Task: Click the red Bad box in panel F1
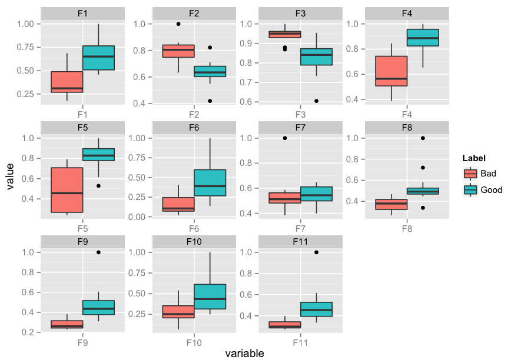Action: pos(67,82)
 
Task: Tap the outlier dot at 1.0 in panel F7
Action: pos(285,138)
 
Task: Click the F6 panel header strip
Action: pos(194,127)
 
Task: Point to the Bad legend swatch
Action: pos(470,174)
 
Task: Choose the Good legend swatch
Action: pos(470,189)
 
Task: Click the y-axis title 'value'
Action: pos(10,177)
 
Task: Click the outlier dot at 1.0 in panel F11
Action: pos(317,252)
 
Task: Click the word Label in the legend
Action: pos(474,158)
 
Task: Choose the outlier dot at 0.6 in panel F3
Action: pos(317,101)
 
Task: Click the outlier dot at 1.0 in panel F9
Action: pos(98,252)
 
